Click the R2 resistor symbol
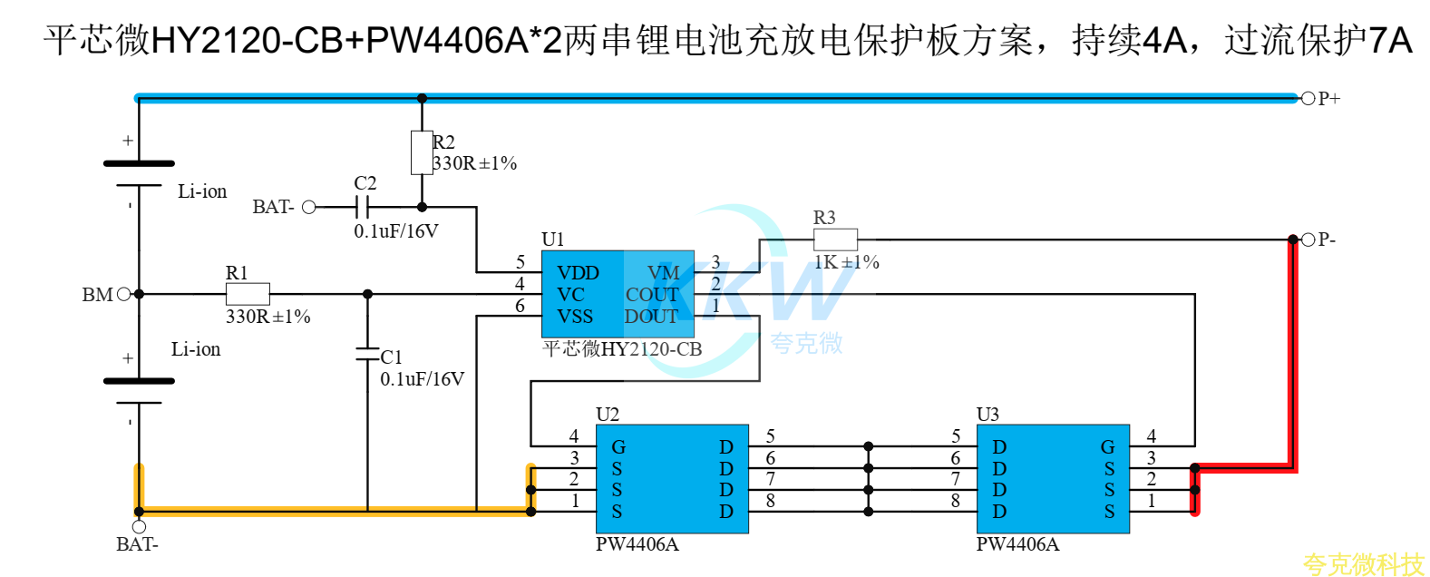point(422,152)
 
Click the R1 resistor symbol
point(248,294)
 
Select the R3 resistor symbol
point(835,240)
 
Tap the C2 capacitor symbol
point(362,207)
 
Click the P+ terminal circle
point(1308,98)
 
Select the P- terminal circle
point(1308,240)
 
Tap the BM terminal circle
point(124,294)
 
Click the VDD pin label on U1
point(578,273)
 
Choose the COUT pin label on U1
point(651,295)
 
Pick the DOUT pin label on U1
point(650,317)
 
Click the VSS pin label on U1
point(575,317)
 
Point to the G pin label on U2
point(618,446)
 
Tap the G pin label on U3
point(1107,446)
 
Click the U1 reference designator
point(553,240)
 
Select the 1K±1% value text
point(847,262)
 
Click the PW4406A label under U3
point(1017,544)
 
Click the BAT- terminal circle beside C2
point(309,207)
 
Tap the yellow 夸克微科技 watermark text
point(1364,565)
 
